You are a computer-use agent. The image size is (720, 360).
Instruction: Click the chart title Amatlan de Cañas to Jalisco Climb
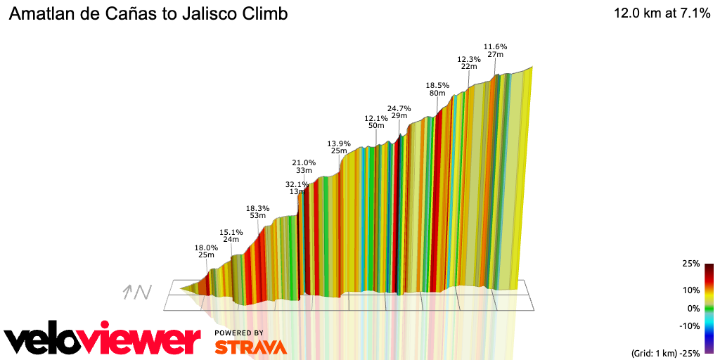(x=148, y=14)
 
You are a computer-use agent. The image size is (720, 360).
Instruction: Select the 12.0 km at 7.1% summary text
(x=662, y=13)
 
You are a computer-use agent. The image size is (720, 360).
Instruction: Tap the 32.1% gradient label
(x=296, y=185)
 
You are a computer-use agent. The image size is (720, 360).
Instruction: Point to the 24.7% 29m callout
(x=399, y=112)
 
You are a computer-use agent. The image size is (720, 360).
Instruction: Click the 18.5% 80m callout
(x=437, y=89)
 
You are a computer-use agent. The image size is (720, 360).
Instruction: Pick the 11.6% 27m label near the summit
(x=495, y=51)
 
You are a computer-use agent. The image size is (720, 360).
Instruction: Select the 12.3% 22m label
(x=468, y=63)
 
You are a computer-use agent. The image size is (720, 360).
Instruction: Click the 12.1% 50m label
(x=375, y=122)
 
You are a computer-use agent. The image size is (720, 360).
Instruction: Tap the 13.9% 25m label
(x=339, y=147)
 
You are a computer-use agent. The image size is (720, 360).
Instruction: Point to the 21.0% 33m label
(x=304, y=166)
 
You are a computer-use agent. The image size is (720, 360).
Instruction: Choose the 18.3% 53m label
(x=257, y=212)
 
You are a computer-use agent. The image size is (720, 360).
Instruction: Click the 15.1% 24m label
(x=231, y=236)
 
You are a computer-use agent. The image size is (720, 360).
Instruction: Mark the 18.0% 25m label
(x=206, y=251)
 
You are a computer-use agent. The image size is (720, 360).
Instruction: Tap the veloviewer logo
(x=102, y=340)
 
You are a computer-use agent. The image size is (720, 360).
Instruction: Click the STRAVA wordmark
(x=250, y=347)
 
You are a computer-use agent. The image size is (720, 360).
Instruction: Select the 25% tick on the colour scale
(x=690, y=264)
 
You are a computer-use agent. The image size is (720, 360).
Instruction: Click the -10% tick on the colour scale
(x=689, y=326)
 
